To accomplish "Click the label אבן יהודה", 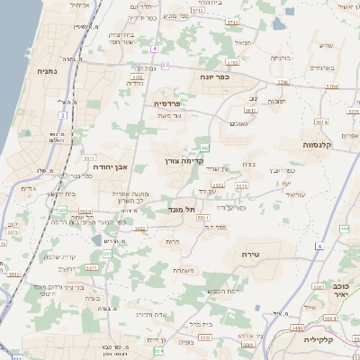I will click(111, 166).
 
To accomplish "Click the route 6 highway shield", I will click(319, 245).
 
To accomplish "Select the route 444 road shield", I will click(345, 229).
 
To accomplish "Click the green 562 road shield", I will click(206, 148).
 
